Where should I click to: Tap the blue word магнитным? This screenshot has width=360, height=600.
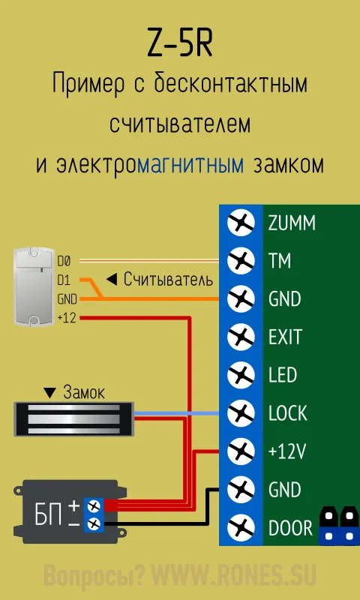pyautogui.click(x=190, y=165)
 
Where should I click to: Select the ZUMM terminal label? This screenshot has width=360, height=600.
pyautogui.click(x=292, y=223)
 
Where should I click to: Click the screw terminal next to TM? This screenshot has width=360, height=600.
pyautogui.click(x=241, y=261)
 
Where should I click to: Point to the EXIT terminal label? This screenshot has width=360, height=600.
pyautogui.click(x=286, y=337)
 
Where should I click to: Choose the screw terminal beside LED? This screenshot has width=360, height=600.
pyautogui.click(x=241, y=375)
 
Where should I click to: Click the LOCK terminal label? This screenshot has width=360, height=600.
pyautogui.click(x=288, y=413)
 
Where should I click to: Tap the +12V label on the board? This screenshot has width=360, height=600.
pyautogui.click(x=287, y=451)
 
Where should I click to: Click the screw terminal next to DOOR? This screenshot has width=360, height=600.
pyautogui.click(x=241, y=527)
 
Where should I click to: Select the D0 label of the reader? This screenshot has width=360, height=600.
pyautogui.click(x=64, y=261)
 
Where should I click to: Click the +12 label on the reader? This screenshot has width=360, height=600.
pyautogui.click(x=66, y=318)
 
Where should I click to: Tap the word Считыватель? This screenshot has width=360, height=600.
pyautogui.click(x=168, y=280)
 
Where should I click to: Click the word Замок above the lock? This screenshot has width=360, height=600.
pyautogui.click(x=84, y=392)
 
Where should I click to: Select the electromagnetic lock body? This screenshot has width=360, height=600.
pyautogui.click(x=73, y=419)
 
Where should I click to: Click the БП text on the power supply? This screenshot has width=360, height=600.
pyautogui.click(x=49, y=517)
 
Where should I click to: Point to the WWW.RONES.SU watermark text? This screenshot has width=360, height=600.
pyautogui.click(x=234, y=574)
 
